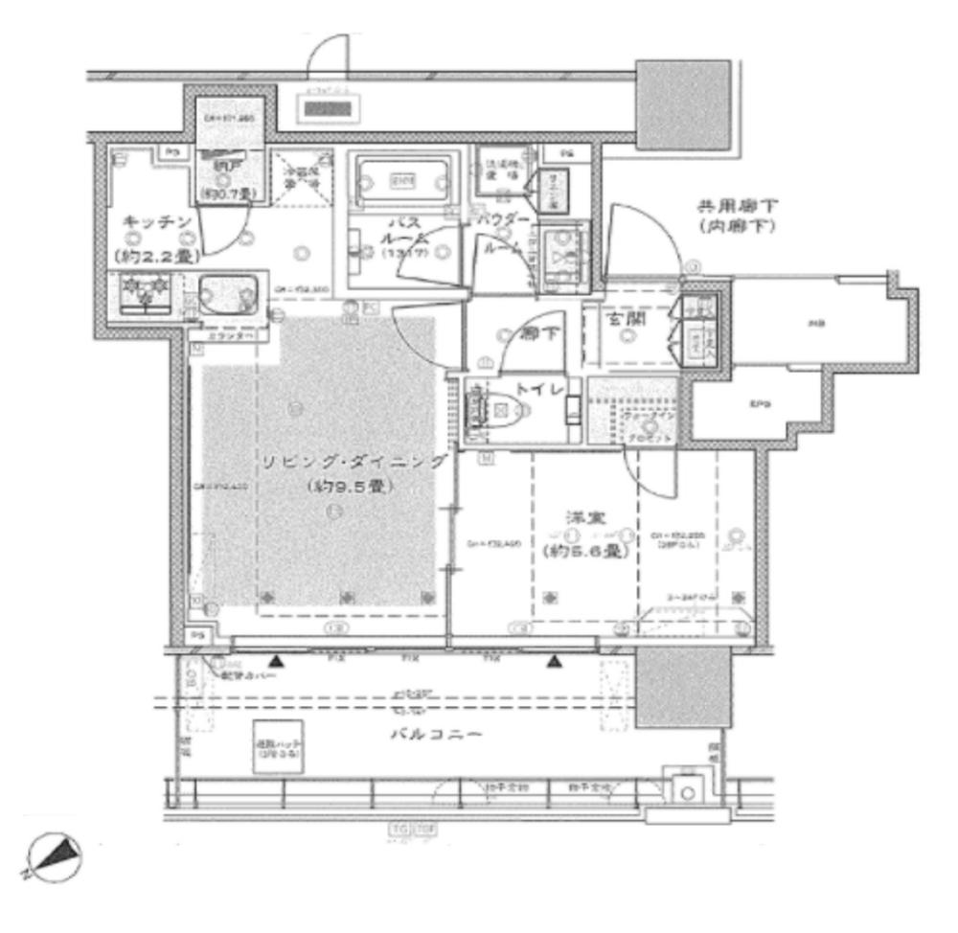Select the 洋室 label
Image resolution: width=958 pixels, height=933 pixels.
577,517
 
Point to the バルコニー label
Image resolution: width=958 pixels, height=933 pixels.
437,735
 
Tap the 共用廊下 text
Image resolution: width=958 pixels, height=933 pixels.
735,205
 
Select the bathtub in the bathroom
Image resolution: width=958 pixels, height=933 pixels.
399,179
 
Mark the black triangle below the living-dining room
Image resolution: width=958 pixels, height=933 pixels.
276,661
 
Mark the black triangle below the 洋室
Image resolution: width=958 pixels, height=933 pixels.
554,661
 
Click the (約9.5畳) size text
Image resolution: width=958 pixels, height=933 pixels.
354,487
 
